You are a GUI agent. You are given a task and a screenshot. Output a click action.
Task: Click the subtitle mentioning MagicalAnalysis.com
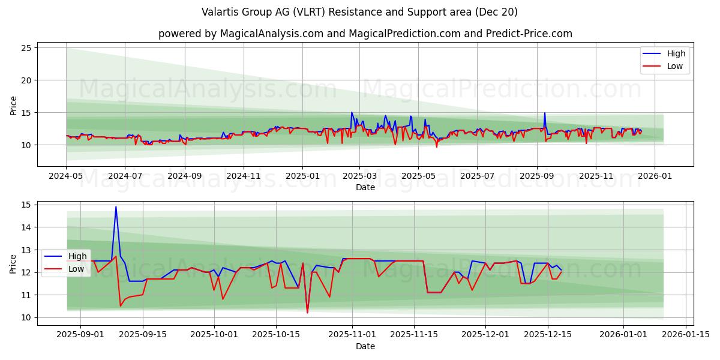pos(365,34)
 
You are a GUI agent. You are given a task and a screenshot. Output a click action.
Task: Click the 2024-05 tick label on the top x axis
pos(66,177)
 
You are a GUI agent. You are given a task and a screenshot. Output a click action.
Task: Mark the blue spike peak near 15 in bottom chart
pos(116,207)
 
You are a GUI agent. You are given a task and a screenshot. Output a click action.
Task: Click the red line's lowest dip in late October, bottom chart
pos(307,313)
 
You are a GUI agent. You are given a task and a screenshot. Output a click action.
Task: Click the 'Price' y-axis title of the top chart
pos(13,106)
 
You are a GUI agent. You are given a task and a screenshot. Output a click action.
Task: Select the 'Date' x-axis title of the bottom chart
pos(365,346)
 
